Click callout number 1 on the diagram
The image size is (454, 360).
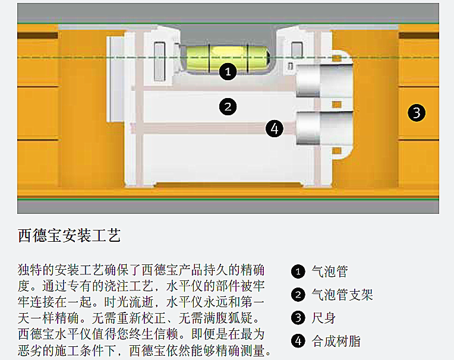pyautogui.click(x=228, y=72)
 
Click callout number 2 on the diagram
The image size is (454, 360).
pyautogui.click(x=228, y=108)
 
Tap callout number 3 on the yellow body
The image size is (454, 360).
pyautogui.click(x=417, y=112)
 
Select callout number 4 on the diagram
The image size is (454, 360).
pyautogui.click(x=273, y=128)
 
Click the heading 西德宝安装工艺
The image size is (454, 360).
pyautogui.click(x=70, y=235)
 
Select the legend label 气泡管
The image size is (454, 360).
pyautogui.click(x=330, y=272)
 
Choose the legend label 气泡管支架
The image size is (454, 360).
pyautogui.click(x=342, y=295)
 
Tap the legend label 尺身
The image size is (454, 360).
pyautogui.click(x=324, y=318)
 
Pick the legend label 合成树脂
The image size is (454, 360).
pyautogui.click(x=336, y=341)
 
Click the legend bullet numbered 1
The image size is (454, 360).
pyautogui.click(x=298, y=272)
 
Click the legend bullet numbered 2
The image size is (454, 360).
pyautogui.click(x=298, y=295)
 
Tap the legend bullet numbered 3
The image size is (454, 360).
pyautogui.click(x=298, y=318)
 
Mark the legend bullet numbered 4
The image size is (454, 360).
pyautogui.click(x=298, y=341)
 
